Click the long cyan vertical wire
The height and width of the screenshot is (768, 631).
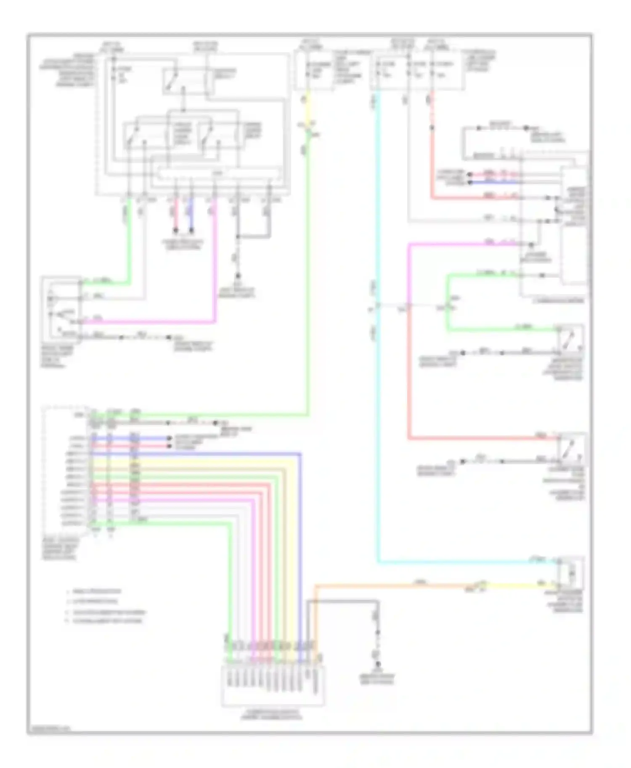coord(378,420)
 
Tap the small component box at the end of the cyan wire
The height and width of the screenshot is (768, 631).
coord(571,572)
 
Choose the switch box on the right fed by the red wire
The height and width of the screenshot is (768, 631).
coord(571,450)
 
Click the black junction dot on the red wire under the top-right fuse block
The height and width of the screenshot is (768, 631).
coord(432,127)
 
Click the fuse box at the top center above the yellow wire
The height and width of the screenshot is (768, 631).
coord(313,71)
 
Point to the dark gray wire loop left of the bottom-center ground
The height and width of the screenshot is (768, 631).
coord(341,602)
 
